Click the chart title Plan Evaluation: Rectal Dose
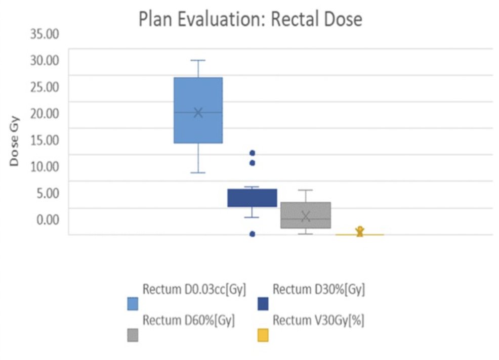[251, 19]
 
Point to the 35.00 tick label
[45, 34]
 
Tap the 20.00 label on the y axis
[45, 113]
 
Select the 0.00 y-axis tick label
[48, 219]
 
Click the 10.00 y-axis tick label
[45, 166]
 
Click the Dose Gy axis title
[14, 141]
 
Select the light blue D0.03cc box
[198, 110]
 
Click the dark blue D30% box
[252, 198]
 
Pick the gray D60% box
[306, 215]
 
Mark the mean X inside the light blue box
[198, 113]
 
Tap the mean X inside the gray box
[306, 216]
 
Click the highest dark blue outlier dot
[253, 153]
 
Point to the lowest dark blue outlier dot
[253, 234]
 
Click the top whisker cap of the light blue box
[198, 60]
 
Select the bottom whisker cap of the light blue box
[198, 173]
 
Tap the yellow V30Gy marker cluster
[360, 232]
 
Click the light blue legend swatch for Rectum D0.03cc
[133, 304]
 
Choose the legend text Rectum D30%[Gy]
[318, 289]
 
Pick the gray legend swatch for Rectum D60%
[133, 335]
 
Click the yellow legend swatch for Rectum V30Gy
[263, 335]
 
